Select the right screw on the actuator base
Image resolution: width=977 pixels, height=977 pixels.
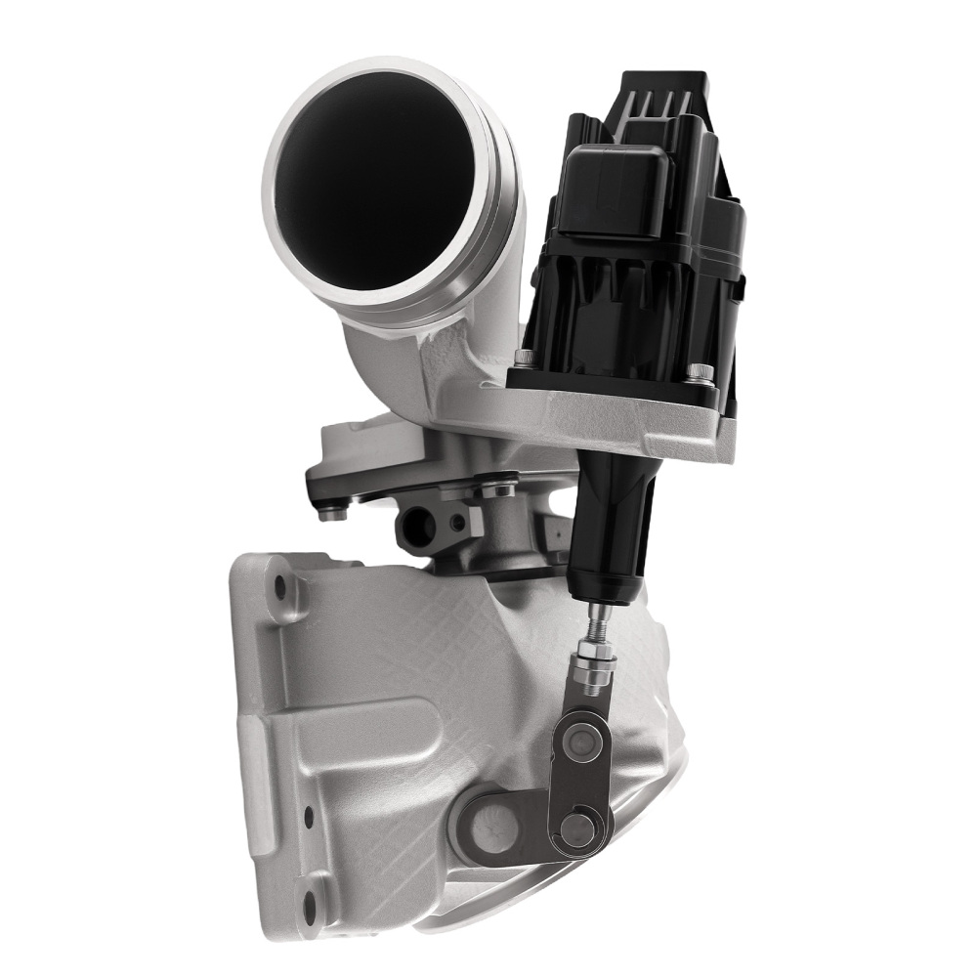click(700, 372)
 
